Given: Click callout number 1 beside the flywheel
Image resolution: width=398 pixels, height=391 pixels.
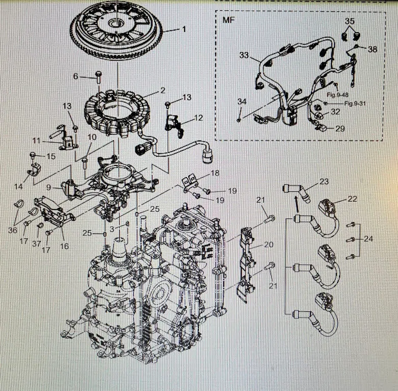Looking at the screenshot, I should tap(184, 30).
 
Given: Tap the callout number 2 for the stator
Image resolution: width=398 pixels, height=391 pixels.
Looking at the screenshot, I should tap(163, 90).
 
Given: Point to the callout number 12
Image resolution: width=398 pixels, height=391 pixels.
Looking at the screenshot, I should tap(198, 118).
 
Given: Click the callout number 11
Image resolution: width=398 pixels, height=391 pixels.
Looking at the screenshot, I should tap(36, 140).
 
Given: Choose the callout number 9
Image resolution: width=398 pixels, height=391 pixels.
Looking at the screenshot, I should tap(48, 187).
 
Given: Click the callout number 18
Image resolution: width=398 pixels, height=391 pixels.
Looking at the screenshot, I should tap(215, 173).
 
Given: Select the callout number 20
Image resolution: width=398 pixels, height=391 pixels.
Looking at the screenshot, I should tap(269, 245).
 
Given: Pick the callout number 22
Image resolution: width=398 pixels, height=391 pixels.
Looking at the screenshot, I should tap(353, 199).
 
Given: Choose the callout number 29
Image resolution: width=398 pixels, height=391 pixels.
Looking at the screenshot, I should tap(339, 129).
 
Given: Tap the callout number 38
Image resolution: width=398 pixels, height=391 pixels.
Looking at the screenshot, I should tap(372, 50).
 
